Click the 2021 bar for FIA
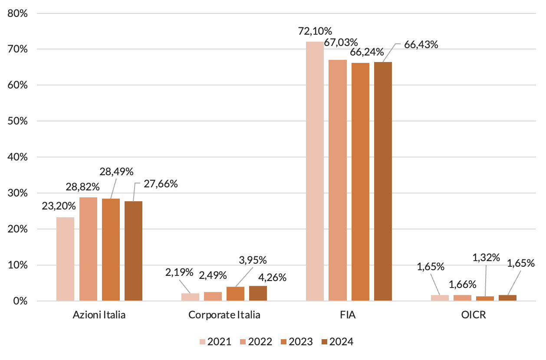315,171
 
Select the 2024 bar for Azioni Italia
133,251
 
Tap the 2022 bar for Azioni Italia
88,249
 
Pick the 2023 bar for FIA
360,182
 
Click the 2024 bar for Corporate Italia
258,293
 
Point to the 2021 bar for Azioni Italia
65,259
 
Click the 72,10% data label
315,31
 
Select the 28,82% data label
83,187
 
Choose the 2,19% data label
179,272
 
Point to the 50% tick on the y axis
18,121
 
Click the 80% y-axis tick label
18,13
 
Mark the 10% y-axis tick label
18,265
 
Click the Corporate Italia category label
224,315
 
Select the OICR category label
474,315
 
